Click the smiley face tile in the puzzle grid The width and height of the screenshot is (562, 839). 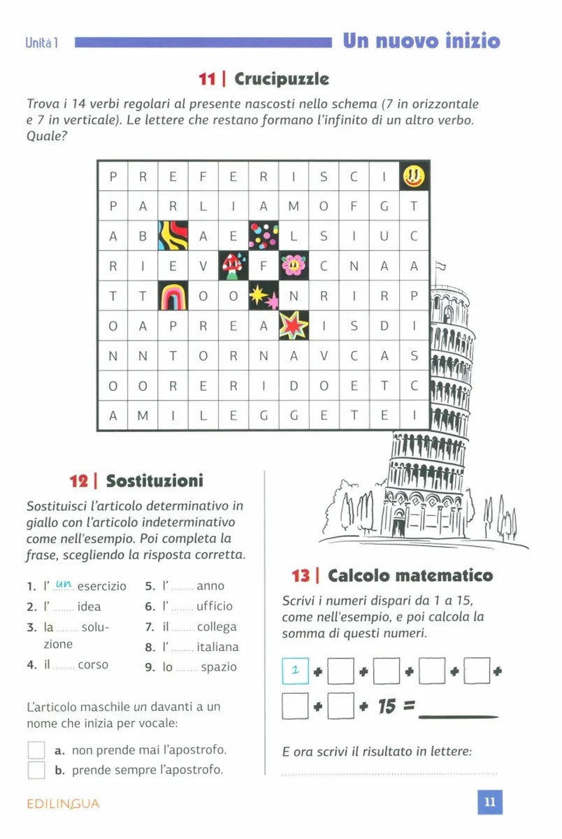413,176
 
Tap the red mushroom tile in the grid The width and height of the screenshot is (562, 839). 233,266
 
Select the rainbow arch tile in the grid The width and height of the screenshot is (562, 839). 173,295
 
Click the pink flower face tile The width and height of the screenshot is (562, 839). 294,266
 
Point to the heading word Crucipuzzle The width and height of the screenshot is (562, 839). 282,78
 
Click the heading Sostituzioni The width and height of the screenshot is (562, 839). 154,481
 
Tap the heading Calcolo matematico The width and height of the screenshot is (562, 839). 410,575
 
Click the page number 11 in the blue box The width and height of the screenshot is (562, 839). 489,803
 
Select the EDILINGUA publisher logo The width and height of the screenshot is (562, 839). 63,804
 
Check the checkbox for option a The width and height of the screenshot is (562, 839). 36,750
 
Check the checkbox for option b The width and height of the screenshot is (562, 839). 36,770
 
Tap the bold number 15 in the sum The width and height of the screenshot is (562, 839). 387,707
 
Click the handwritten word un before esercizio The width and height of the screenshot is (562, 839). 63,584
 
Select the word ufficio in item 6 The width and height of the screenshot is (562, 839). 215,606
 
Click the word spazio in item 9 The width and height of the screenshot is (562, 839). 219,667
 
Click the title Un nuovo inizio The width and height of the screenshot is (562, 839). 421,41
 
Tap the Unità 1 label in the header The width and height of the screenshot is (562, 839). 41,43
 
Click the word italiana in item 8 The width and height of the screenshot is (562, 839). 217,647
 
